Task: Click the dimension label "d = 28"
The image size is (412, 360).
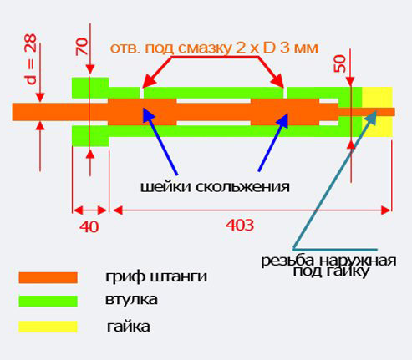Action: pos(31,59)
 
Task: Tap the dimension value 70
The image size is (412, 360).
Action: pos(82,47)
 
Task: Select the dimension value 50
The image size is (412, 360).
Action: pos(340,63)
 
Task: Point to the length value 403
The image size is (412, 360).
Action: pos(240,225)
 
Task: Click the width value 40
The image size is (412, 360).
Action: pos(89,227)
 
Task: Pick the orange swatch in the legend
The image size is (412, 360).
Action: pos(48,277)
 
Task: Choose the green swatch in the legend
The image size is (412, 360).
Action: pos(48,302)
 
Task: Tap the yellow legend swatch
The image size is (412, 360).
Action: pos(48,327)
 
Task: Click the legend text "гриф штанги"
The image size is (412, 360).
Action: pos(156,277)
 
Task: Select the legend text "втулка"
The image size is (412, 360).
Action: pos(131,300)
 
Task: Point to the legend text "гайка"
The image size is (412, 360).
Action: pos(129,327)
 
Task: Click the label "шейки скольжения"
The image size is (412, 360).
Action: pos(215,187)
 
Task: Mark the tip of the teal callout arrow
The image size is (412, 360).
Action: pos(377,110)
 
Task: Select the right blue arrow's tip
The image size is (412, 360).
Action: pos(287,114)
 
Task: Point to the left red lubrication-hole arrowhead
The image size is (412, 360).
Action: pos(143,88)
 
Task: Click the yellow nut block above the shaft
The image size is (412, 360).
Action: pos(377,97)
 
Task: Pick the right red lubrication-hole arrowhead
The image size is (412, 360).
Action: pos(283,88)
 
